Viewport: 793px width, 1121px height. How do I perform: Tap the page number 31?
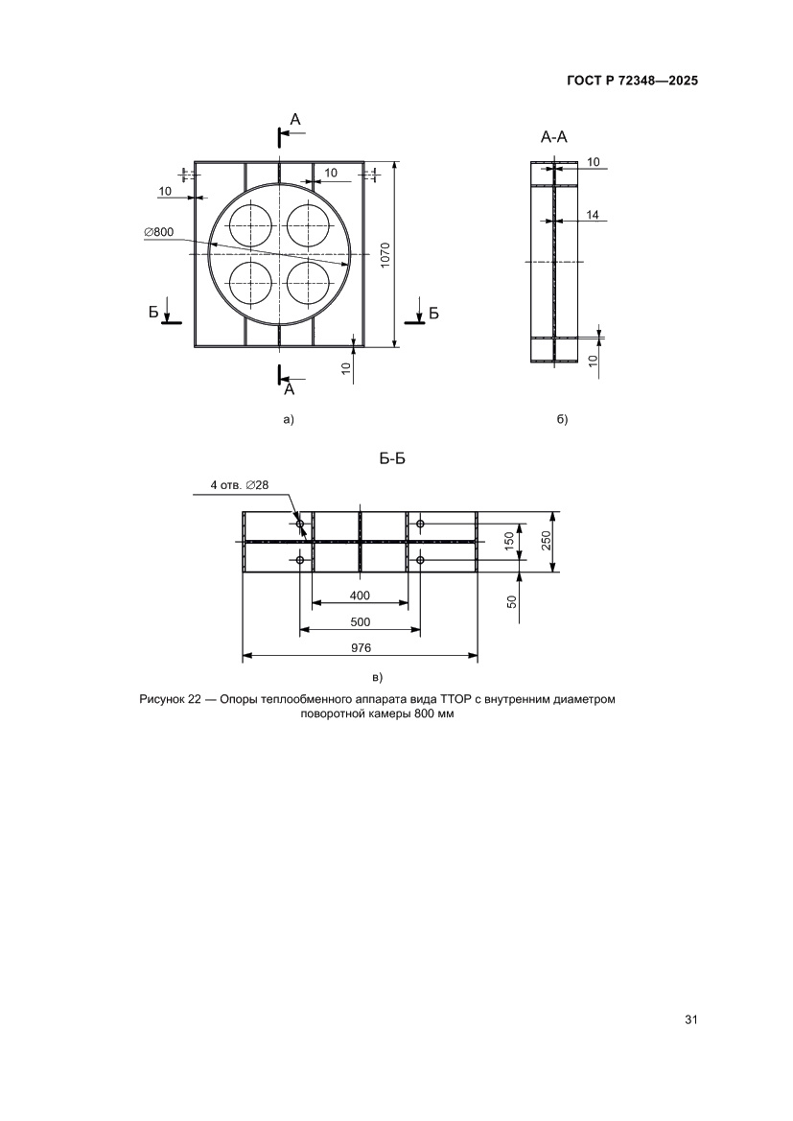[x=689, y=1019]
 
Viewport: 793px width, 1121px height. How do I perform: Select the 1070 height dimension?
[x=385, y=254]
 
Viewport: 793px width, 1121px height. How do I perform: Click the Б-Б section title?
[x=392, y=459]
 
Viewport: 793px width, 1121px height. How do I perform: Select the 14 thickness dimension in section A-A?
[x=592, y=216]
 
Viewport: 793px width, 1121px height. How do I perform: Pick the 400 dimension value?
[x=360, y=596]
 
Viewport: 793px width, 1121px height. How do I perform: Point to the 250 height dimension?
[x=545, y=542]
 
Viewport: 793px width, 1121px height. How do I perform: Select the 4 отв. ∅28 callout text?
[x=239, y=486]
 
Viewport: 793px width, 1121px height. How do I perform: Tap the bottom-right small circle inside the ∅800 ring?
[x=310, y=282]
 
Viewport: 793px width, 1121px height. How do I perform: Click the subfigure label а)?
[x=286, y=419]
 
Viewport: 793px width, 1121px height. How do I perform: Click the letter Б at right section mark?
[x=433, y=313]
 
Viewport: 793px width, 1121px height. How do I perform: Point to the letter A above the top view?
[x=295, y=119]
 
